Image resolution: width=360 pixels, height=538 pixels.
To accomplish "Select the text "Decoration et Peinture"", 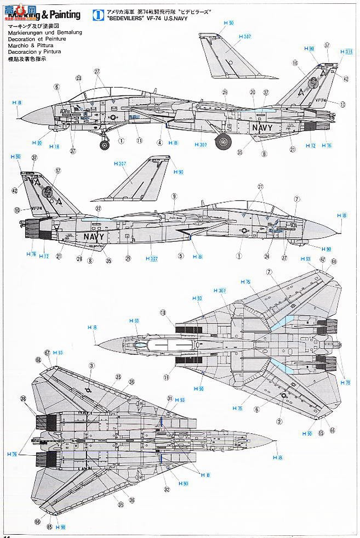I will pos(34,39).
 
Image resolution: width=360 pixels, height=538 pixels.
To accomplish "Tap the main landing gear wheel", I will pos(223,141).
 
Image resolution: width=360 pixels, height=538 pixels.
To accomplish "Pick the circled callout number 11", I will pos(140,140).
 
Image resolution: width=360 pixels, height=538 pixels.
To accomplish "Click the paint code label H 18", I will pos(53,146).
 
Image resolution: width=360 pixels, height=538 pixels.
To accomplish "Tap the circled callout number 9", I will pos(174,196).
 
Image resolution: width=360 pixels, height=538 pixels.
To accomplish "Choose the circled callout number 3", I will pos(92,365).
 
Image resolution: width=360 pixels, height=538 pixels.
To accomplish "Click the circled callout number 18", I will pos(163,312).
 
